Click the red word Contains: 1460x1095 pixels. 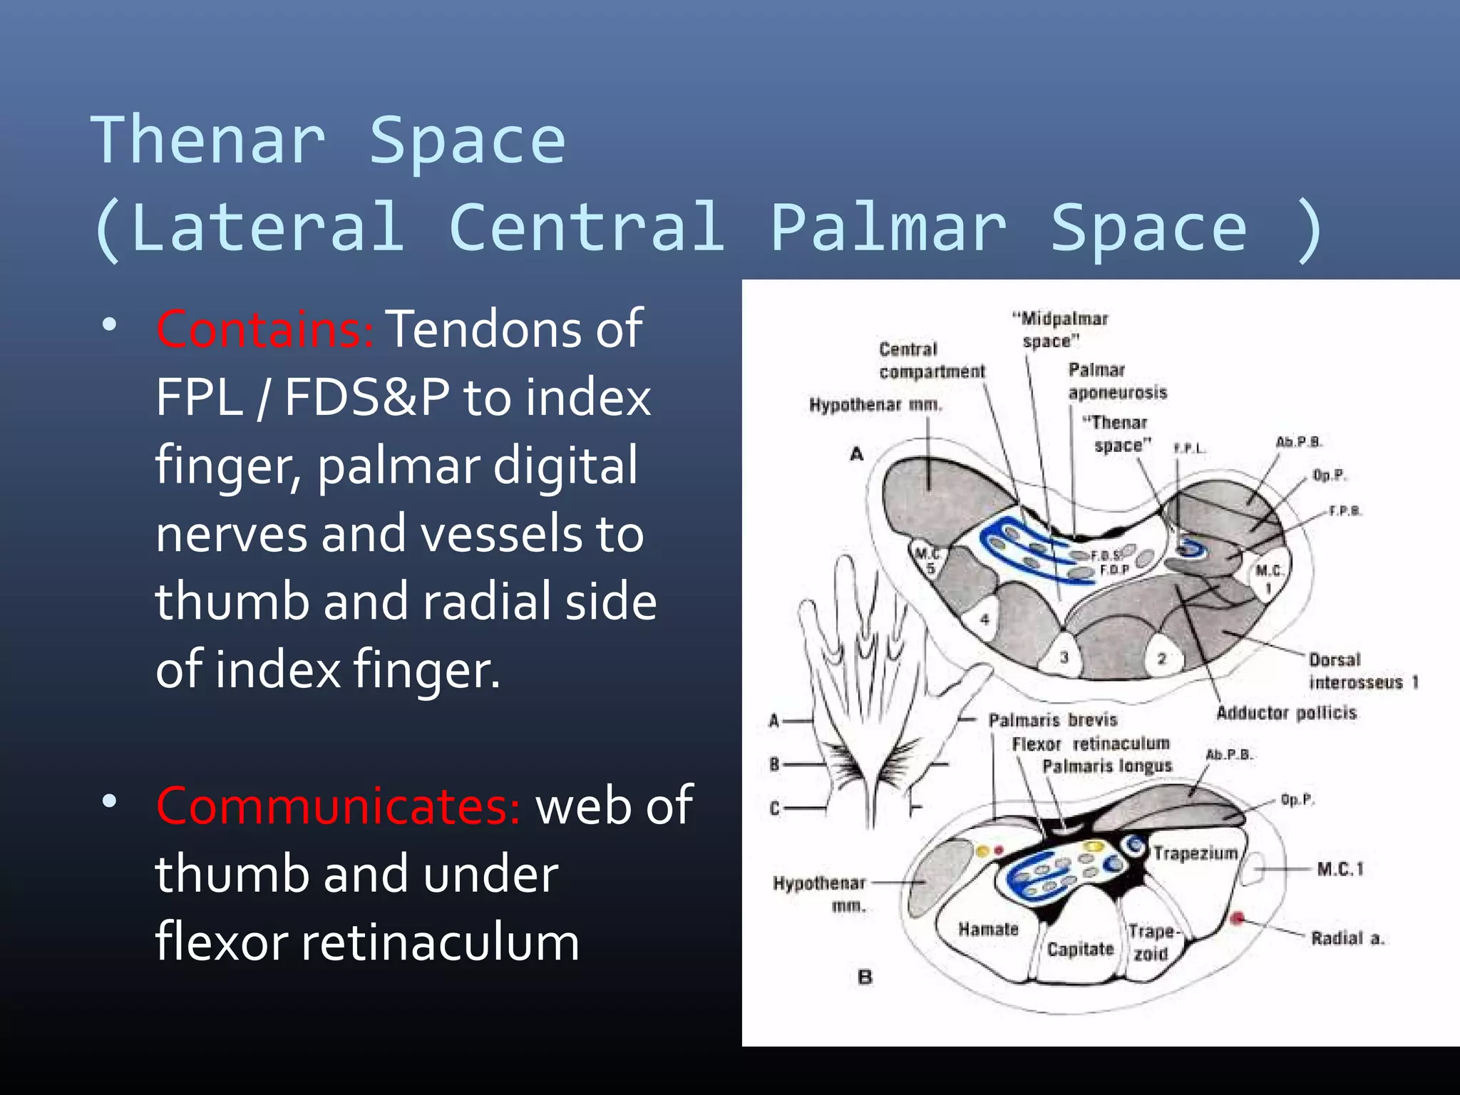coord(264,329)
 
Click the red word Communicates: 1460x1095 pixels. coord(338,806)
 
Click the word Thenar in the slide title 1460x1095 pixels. coord(207,140)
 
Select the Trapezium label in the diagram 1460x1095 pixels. coord(1196,853)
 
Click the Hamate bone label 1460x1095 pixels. coord(988,930)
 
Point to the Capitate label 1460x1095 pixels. coord(1080,950)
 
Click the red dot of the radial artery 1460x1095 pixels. coord(1238,918)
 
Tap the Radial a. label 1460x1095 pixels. coord(1347,938)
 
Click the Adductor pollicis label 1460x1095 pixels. coord(1286,713)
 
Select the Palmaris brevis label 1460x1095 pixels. coord(1052,720)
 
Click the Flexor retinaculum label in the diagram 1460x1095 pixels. coord(1091,744)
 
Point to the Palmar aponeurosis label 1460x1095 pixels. coord(1116,381)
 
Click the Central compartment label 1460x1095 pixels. coord(931,361)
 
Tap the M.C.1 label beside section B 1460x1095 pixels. coord(1340,869)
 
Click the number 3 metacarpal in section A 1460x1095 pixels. coord(1064,657)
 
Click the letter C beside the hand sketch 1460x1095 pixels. coord(774,808)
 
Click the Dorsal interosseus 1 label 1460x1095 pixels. coord(1361,672)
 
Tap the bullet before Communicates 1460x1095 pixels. coord(109,801)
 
